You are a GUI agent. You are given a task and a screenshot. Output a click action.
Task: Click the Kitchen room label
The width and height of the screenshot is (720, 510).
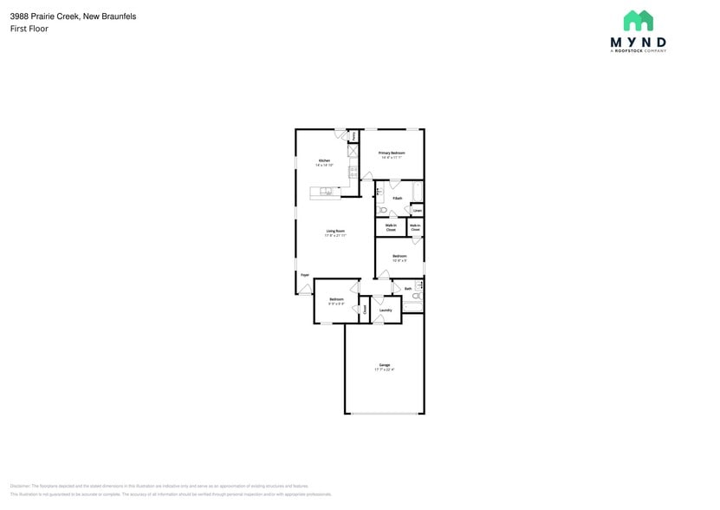point(325,160)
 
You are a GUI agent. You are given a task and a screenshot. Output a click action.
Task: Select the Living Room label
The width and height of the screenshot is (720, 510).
point(335,231)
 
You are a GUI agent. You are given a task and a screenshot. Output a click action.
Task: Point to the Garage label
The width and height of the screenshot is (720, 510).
point(384,364)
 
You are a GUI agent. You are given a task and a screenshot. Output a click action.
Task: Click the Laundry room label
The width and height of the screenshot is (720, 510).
point(386,310)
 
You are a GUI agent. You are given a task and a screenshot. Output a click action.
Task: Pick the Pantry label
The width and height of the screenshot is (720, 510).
point(354,135)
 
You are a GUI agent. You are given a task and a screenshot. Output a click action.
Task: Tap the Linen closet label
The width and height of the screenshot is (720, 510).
point(417,211)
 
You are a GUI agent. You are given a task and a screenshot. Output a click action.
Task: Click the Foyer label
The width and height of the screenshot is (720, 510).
point(304,275)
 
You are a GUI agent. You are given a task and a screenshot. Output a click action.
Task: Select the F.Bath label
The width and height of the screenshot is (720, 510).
point(397,198)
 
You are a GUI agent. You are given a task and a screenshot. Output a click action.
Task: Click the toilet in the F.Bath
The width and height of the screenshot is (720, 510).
point(382,210)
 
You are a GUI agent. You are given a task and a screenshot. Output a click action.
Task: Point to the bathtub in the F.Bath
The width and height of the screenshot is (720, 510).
point(417,190)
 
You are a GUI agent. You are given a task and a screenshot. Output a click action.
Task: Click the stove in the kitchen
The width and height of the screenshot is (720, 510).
point(353,172)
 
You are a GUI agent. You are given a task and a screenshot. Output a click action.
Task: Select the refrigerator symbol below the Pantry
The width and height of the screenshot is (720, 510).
point(353,151)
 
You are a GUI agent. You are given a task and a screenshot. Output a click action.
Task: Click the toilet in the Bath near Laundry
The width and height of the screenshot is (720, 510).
point(416,297)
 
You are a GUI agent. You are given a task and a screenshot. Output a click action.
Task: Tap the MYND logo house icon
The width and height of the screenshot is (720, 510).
point(639,21)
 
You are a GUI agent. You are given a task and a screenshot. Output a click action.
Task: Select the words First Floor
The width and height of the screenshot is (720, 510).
point(29,29)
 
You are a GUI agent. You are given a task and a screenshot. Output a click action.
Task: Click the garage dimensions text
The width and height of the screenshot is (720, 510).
point(384,369)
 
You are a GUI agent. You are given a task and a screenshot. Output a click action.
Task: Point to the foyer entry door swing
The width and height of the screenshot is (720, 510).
point(305,289)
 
